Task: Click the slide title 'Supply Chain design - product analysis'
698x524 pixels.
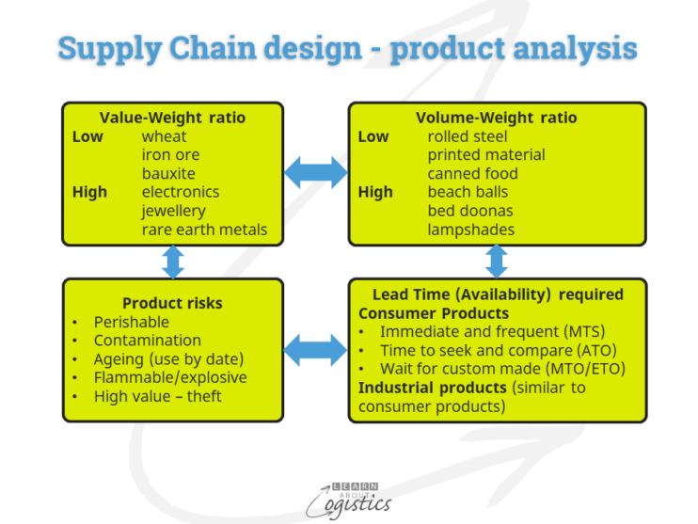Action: click(348, 48)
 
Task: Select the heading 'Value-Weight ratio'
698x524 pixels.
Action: click(172, 118)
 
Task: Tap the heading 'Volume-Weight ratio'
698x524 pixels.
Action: click(496, 118)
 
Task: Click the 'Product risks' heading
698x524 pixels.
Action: click(172, 303)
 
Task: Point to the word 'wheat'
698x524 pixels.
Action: click(165, 136)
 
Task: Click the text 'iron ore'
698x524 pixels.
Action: click(170, 155)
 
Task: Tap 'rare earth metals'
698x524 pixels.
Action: click(204, 230)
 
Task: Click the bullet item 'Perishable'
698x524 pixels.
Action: click(132, 322)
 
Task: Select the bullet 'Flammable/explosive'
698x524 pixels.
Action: click(170, 377)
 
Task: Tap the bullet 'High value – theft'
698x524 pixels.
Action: click(158, 396)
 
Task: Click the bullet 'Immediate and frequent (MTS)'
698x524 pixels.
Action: click(492, 331)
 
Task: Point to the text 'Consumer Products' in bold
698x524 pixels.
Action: click(434, 312)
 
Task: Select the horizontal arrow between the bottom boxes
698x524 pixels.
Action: click(315, 349)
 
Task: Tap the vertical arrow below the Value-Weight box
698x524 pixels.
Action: click(172, 261)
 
